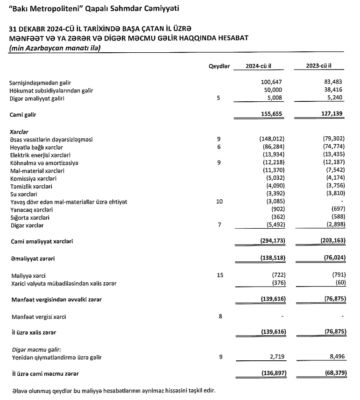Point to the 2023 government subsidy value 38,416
(x=333, y=91)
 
